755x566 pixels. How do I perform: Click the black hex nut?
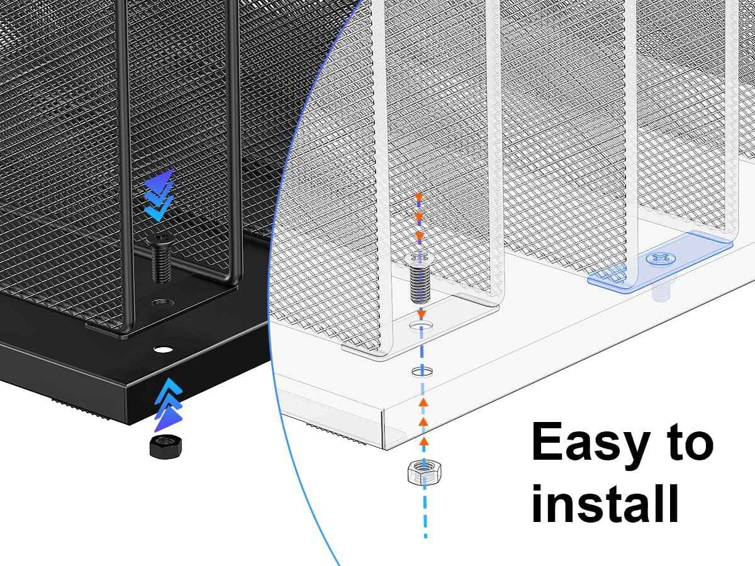166,446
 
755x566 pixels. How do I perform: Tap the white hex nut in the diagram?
425,473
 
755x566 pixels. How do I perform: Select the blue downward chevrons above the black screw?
159,194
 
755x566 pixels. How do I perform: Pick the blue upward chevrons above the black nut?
168,404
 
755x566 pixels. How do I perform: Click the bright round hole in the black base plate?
164,350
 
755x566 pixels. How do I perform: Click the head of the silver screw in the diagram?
420,258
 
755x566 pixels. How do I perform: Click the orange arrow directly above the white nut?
424,441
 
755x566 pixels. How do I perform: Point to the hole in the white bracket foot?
422,325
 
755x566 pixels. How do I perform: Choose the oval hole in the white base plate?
422,372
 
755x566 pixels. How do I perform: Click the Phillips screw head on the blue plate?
661,258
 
